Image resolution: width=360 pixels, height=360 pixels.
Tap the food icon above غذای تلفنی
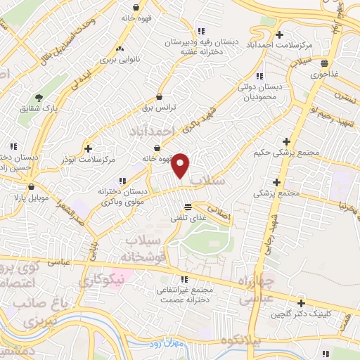click(187, 207)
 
